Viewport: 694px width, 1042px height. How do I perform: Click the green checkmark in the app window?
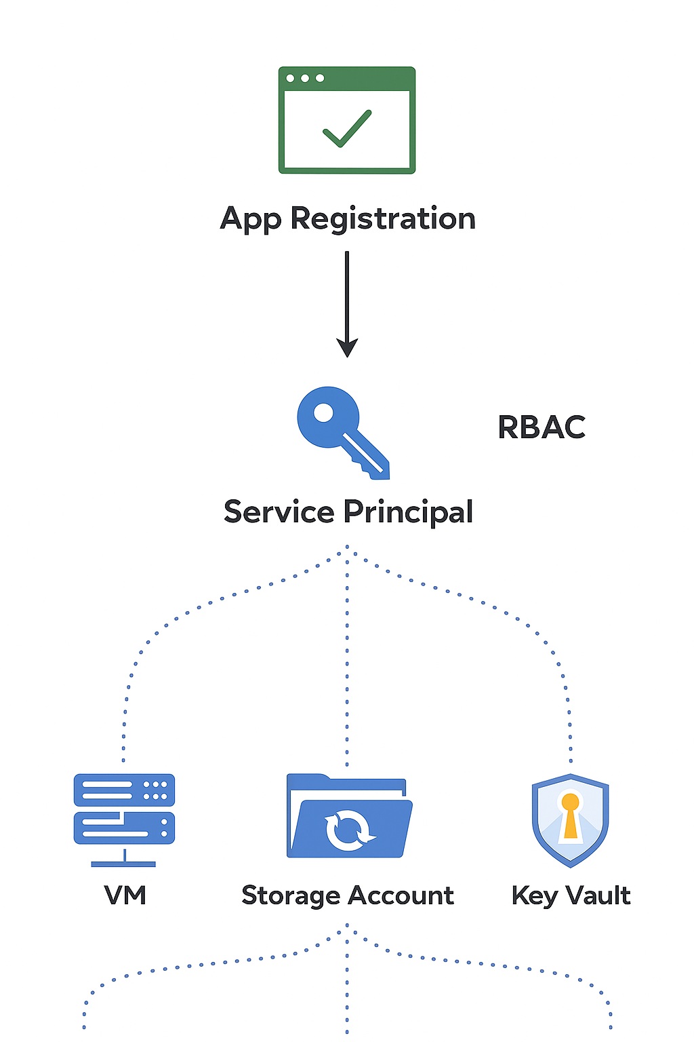(x=347, y=128)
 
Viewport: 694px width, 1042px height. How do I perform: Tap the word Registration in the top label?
(x=383, y=219)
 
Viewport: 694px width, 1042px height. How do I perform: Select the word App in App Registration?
(x=250, y=219)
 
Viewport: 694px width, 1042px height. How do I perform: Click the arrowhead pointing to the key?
(x=347, y=347)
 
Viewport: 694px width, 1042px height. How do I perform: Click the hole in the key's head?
(x=324, y=412)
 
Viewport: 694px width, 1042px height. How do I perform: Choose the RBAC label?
(x=542, y=427)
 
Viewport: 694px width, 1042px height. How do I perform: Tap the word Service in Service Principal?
(x=279, y=512)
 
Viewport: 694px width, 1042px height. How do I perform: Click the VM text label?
(x=125, y=895)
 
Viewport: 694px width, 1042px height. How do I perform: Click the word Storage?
(x=291, y=896)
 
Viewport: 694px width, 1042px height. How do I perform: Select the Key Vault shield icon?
(x=571, y=819)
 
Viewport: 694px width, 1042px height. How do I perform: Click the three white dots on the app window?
(x=305, y=78)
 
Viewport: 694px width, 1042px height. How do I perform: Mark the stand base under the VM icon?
(x=124, y=864)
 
